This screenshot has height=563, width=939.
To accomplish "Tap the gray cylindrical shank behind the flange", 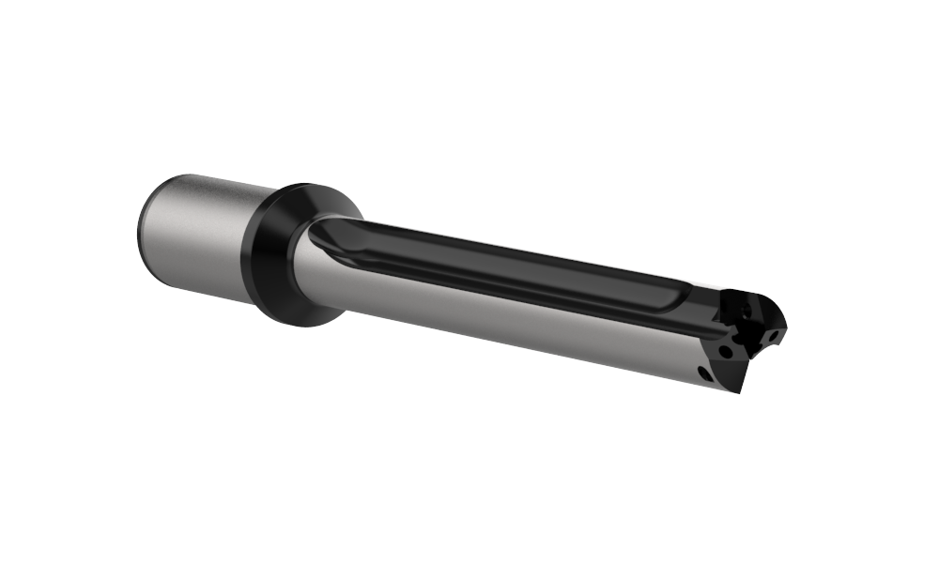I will pyautogui.click(x=197, y=235).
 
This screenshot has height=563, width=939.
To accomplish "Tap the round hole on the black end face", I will pyautogui.click(x=726, y=351).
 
